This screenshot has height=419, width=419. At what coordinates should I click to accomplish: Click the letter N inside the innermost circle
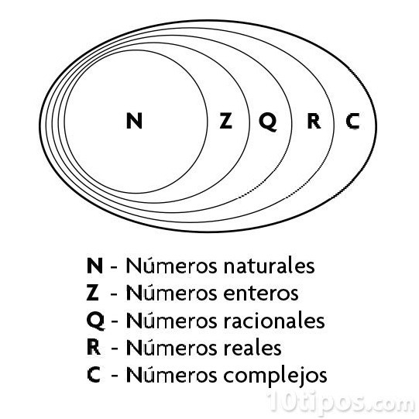pos(134,121)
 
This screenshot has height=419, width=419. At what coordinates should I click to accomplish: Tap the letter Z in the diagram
pos(226,121)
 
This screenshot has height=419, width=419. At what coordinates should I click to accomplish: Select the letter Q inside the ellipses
pos(268,122)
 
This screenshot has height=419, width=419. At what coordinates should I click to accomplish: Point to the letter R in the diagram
pos(314,121)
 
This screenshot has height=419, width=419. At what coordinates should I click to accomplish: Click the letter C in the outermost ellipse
pos(352,121)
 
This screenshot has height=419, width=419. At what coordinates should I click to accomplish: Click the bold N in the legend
pos(94,266)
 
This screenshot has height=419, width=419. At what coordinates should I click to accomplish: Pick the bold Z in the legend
pos(93,293)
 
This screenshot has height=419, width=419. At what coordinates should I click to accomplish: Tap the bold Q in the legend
pos(96,321)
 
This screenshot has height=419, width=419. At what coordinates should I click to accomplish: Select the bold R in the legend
pos(94,348)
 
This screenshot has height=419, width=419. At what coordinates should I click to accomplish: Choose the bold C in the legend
pos(94,375)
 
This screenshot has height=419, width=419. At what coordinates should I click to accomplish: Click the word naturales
pos(269,266)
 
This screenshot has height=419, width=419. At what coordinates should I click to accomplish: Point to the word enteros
pos(261,294)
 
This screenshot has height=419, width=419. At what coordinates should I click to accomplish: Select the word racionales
pos(274,320)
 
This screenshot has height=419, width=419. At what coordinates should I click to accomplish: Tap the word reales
pos(252,348)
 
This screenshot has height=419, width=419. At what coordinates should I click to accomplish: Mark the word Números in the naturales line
pos(171,266)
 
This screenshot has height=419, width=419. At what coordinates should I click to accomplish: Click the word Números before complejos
pos(171,374)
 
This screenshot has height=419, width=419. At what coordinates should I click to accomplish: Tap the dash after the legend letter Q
pos(115,322)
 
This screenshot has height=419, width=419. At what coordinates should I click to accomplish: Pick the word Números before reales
pos(171,347)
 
